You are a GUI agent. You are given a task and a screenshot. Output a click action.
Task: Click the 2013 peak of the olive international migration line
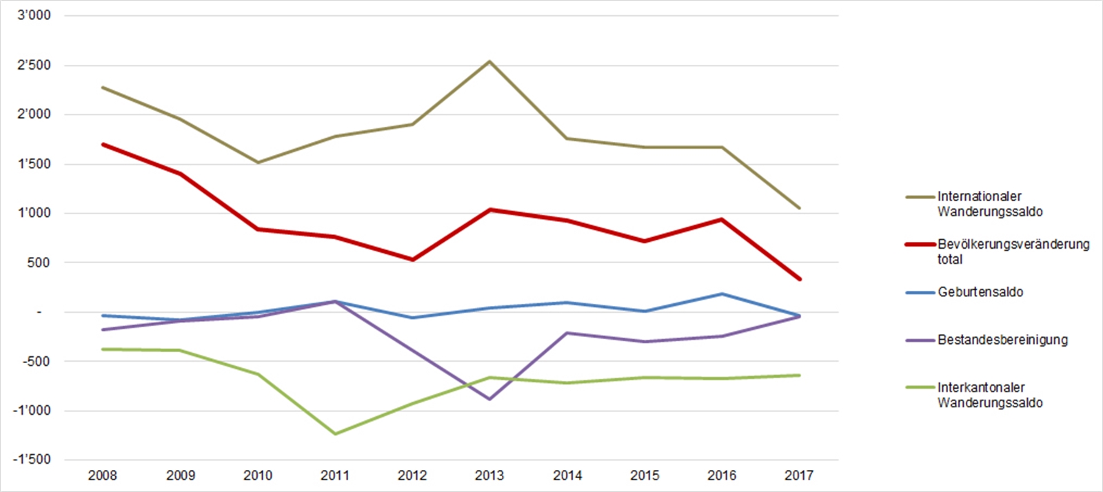click(x=489, y=61)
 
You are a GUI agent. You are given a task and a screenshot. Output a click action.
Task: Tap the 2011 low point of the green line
click(x=335, y=434)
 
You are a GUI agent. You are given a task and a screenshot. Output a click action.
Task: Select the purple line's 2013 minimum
click(x=489, y=399)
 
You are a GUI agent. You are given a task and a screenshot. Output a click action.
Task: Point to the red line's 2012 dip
click(x=412, y=260)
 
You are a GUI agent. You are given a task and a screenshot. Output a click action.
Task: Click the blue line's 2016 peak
click(x=722, y=294)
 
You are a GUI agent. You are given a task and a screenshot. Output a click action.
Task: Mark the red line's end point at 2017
click(x=799, y=279)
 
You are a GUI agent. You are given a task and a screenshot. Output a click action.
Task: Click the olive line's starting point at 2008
click(x=103, y=88)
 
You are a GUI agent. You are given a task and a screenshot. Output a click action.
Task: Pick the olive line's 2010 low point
click(x=258, y=163)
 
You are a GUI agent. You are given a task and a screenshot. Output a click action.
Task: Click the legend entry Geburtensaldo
click(x=980, y=292)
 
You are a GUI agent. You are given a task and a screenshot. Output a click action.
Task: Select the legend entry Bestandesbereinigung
click(x=1002, y=340)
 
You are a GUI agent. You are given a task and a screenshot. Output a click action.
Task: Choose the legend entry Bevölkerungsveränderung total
click(x=1013, y=252)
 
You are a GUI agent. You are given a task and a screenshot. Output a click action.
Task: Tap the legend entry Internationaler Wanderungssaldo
click(x=989, y=204)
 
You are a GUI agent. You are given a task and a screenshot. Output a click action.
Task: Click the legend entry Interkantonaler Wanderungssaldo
click(x=989, y=395)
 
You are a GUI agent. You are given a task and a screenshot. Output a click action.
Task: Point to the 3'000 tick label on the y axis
click(x=34, y=15)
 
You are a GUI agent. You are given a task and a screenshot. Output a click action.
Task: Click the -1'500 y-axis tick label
click(x=32, y=460)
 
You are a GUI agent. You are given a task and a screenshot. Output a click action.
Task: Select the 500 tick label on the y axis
click(x=39, y=263)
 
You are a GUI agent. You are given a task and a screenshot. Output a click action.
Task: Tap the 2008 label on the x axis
click(x=103, y=475)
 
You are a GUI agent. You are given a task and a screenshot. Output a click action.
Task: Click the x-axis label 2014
click(x=567, y=475)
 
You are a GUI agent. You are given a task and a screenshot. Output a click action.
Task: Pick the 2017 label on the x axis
click(x=799, y=475)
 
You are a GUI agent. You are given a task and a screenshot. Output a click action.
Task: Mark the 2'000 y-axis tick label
click(x=34, y=114)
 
